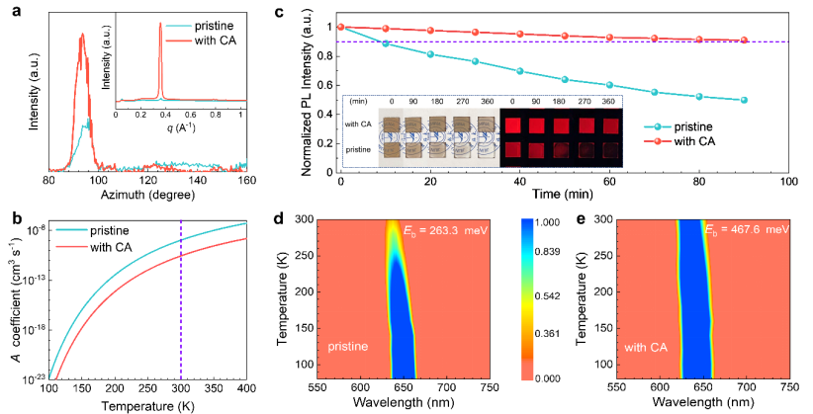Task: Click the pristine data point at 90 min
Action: [x=743, y=100]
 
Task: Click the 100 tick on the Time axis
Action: [x=788, y=184]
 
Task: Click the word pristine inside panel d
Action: [x=347, y=348]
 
